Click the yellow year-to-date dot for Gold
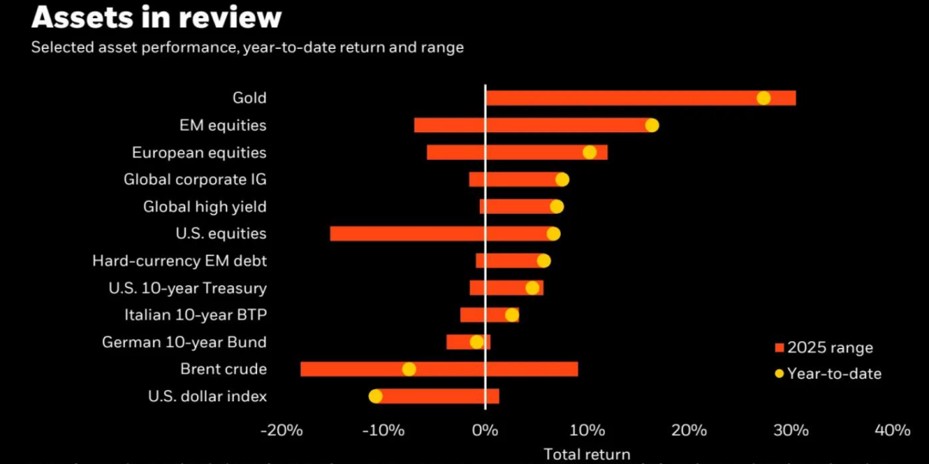click(x=763, y=98)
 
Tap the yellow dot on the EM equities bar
click(x=651, y=125)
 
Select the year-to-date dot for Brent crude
click(x=409, y=369)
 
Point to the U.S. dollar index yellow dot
click(x=375, y=396)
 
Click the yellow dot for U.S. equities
click(x=553, y=234)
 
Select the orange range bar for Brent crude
click(x=499, y=369)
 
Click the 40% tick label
click(x=891, y=430)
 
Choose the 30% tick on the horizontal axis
click(x=791, y=430)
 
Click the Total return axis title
click(x=587, y=454)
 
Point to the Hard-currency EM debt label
click(x=179, y=261)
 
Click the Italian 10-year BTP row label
click(x=195, y=315)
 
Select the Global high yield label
click(x=205, y=207)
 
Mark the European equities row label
click(x=199, y=153)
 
